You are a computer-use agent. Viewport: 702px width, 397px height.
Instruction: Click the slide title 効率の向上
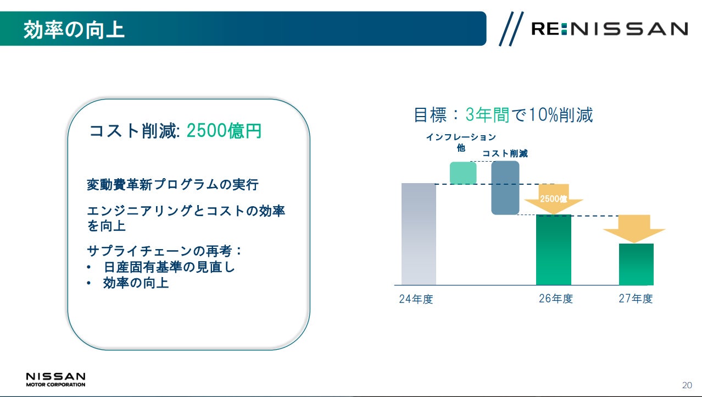[x=74, y=30]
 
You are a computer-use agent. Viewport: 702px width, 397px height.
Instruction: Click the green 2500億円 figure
[x=224, y=130]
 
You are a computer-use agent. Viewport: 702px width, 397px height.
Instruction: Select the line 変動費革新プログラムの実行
[x=172, y=185]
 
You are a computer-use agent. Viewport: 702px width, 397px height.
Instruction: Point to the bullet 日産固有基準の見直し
[x=169, y=267]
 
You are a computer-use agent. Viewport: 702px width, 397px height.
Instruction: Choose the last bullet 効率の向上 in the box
[x=136, y=283]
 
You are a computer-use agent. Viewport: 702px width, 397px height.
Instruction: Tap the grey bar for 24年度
[x=419, y=234]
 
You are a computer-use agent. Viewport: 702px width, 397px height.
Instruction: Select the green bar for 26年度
[x=554, y=250]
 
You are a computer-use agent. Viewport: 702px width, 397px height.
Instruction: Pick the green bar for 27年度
[x=636, y=264]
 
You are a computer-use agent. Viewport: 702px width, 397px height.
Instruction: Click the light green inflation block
[x=463, y=173]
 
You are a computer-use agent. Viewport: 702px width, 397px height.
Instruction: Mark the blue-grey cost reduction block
[x=505, y=188]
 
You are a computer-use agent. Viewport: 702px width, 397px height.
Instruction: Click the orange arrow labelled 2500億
[x=554, y=198]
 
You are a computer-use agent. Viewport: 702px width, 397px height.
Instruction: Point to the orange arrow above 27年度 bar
[x=634, y=229]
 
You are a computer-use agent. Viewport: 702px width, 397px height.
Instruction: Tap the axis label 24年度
[x=416, y=299]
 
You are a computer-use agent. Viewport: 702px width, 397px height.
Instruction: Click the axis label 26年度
[x=556, y=299]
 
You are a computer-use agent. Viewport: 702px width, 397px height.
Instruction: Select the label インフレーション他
[x=461, y=142]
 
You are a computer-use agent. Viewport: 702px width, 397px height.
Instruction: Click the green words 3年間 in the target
[x=487, y=114]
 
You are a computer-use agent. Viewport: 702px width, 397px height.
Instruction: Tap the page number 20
[x=687, y=385]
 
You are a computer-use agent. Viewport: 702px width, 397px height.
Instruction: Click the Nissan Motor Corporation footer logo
[x=56, y=379]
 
